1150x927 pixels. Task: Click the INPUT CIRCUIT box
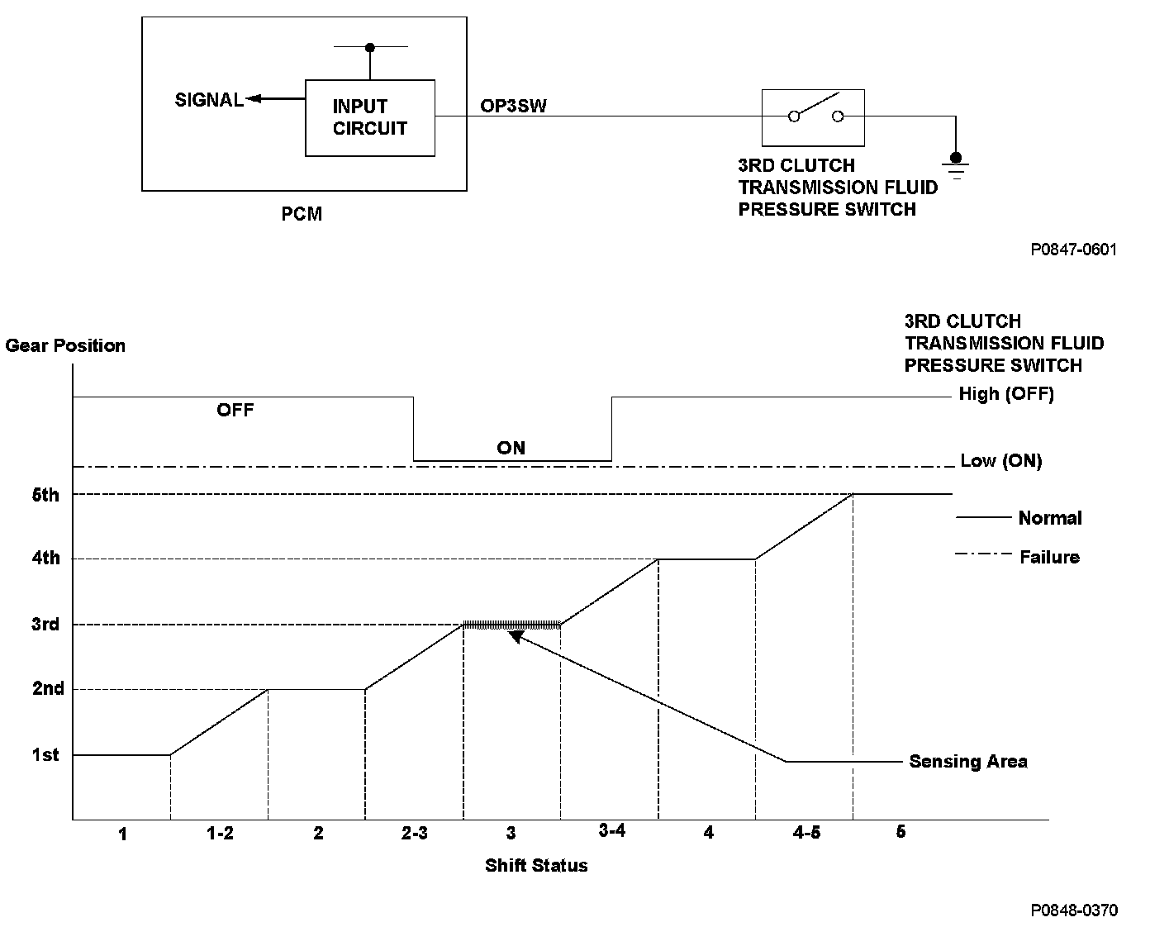(x=369, y=117)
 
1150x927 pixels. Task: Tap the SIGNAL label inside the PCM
(x=209, y=100)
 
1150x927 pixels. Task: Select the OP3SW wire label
(x=513, y=107)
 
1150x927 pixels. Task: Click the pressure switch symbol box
(x=813, y=116)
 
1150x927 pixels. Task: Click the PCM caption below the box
(x=302, y=214)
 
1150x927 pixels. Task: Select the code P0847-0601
(x=1073, y=249)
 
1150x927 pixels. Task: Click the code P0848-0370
(x=1073, y=910)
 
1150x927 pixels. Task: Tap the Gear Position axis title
(x=65, y=345)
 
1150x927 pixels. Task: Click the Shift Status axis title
(x=536, y=866)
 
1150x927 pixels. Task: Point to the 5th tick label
(x=45, y=495)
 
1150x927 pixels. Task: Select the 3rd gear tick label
(x=45, y=624)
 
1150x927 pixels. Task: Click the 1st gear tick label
(x=45, y=754)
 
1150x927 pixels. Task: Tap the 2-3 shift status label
(x=415, y=833)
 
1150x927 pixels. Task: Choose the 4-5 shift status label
(x=806, y=833)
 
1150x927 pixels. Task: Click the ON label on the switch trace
(x=511, y=448)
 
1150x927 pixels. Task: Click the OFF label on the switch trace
(x=235, y=410)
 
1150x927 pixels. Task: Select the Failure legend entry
(x=1049, y=557)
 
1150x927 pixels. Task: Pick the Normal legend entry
(x=1049, y=518)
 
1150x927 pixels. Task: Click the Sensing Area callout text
(x=968, y=761)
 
